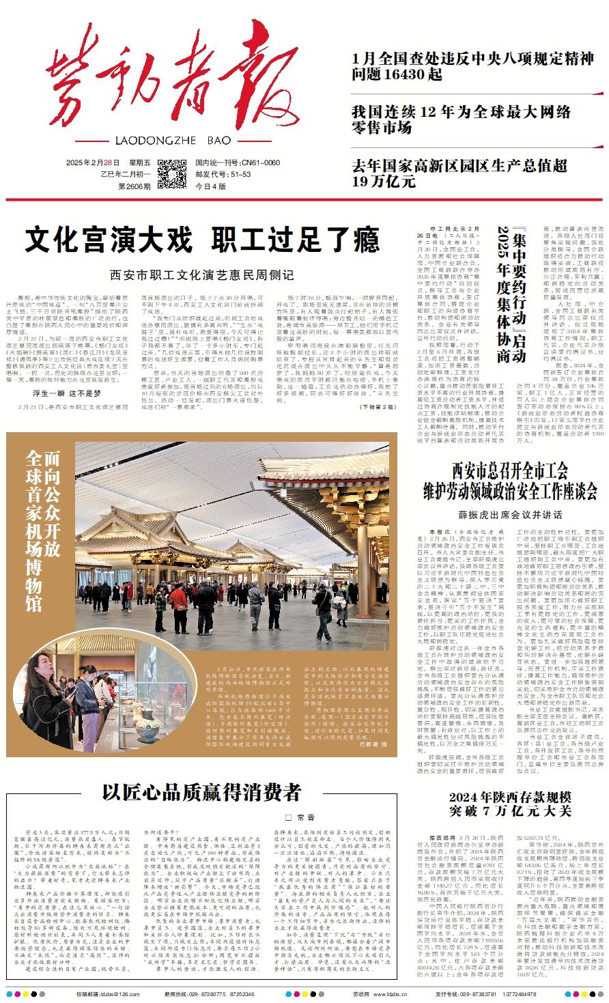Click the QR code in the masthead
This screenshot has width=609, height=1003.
[171, 173]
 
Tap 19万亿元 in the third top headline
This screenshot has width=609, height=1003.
[384, 182]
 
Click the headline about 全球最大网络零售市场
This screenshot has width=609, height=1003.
[461, 119]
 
